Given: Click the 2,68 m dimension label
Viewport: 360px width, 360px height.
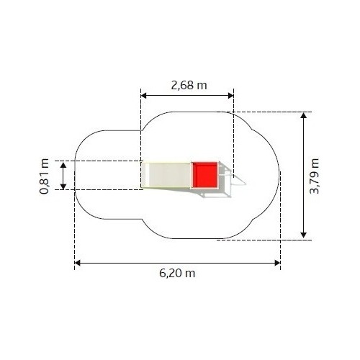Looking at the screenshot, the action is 189,86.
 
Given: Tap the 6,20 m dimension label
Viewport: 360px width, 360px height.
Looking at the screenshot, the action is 177,274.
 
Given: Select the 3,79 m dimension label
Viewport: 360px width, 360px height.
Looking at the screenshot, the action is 315,176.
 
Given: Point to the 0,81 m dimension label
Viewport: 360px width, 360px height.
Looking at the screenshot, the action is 45,176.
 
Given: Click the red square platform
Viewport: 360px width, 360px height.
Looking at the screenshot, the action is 205,175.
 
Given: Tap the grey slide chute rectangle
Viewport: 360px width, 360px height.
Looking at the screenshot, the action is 166,175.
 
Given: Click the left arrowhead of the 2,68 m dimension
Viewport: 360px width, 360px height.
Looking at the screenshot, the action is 144,96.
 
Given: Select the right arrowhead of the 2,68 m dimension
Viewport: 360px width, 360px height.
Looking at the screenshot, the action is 230,96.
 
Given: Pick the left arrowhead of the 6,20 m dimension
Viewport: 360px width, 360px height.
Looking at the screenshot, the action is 78,263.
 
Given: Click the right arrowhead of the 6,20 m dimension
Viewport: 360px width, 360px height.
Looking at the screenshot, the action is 277,263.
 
